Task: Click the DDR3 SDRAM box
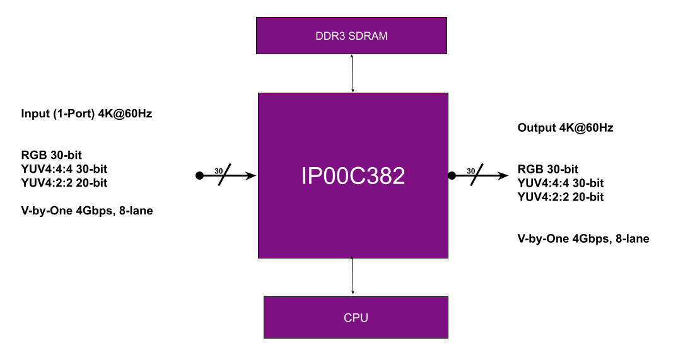[351, 35]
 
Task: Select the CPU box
[356, 317]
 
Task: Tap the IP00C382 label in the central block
[353, 175]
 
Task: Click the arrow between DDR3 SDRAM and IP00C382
[353, 74]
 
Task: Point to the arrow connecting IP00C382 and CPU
[353, 276]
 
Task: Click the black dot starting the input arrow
[199, 175]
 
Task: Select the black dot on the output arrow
[452, 175]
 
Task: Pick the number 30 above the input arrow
[218, 171]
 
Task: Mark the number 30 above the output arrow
[470, 171]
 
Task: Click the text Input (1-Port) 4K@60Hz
[86, 114]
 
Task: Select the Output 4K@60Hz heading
[565, 128]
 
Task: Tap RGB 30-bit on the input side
[52, 154]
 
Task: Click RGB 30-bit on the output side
[548, 169]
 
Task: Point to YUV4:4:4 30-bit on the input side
[64, 169]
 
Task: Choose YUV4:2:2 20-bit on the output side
[560, 197]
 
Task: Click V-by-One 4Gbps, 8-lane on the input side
[87, 211]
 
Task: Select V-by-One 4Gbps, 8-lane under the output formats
[583, 238]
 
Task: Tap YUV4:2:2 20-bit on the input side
[64, 183]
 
